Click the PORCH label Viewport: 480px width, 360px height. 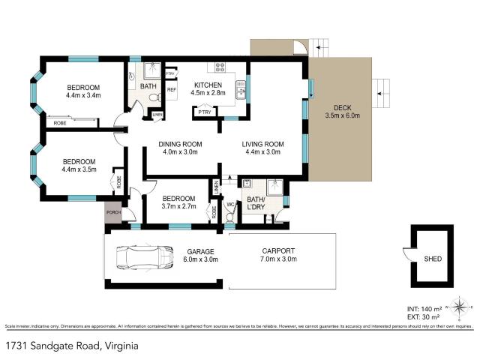coord(114,212)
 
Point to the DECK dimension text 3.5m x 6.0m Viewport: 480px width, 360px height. coord(343,115)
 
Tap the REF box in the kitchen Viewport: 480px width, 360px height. coord(171,90)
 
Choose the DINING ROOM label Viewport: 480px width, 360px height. coord(181,144)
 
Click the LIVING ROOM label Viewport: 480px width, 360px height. coord(262,144)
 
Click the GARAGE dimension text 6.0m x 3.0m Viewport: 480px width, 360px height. coord(200,259)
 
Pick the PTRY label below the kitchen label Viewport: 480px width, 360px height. coord(204,112)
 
